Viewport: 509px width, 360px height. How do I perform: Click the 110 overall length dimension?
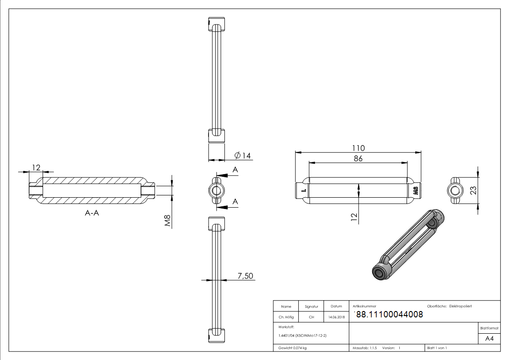click(x=359, y=148)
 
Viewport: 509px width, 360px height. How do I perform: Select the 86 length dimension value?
click(x=358, y=158)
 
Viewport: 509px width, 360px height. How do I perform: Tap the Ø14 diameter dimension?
click(x=243, y=156)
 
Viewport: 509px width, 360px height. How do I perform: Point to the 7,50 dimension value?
click(x=245, y=276)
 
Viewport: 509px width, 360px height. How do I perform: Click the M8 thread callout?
click(x=168, y=221)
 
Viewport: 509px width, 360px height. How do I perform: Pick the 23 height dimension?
click(x=474, y=190)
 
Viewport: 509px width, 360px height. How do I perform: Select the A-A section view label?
click(x=92, y=213)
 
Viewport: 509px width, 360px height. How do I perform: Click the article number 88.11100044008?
click(x=389, y=315)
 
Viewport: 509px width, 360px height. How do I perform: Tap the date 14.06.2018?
click(x=336, y=317)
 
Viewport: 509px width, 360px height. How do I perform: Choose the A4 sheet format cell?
click(x=489, y=339)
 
